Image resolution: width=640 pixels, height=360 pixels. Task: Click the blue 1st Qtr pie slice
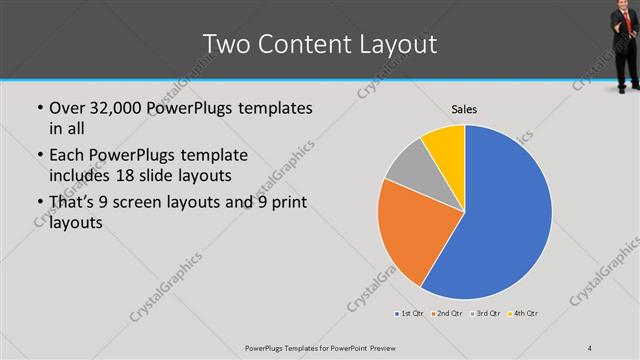505,220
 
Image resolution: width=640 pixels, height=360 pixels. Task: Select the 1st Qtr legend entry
408,315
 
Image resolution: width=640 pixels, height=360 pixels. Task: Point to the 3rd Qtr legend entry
486,315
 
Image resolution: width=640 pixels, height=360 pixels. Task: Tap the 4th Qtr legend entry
524,315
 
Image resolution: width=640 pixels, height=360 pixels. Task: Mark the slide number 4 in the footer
590,347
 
